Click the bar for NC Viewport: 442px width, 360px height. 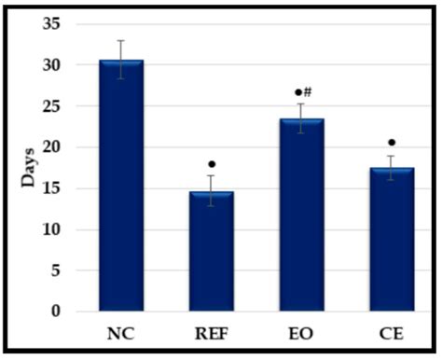(121, 187)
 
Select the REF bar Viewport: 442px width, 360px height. (212, 252)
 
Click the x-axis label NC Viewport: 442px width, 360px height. (121, 332)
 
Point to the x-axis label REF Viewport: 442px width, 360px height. (212, 332)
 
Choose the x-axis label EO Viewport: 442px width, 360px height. (302, 332)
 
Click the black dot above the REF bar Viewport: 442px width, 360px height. (212, 165)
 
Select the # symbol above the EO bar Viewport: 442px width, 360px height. (307, 91)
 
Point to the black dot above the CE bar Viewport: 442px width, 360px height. (392, 143)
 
